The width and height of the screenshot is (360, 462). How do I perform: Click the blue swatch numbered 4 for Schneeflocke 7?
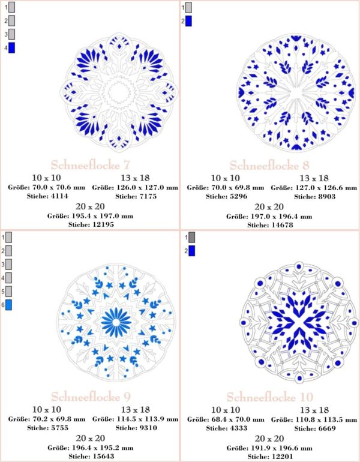point(13,48)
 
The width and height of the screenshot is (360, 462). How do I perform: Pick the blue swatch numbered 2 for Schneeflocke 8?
point(188,22)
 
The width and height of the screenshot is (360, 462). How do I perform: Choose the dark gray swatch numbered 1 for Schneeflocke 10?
point(191,238)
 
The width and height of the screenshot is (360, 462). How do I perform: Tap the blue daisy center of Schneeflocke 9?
point(117,322)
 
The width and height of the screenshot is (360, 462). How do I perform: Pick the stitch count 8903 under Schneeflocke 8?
point(313,196)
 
